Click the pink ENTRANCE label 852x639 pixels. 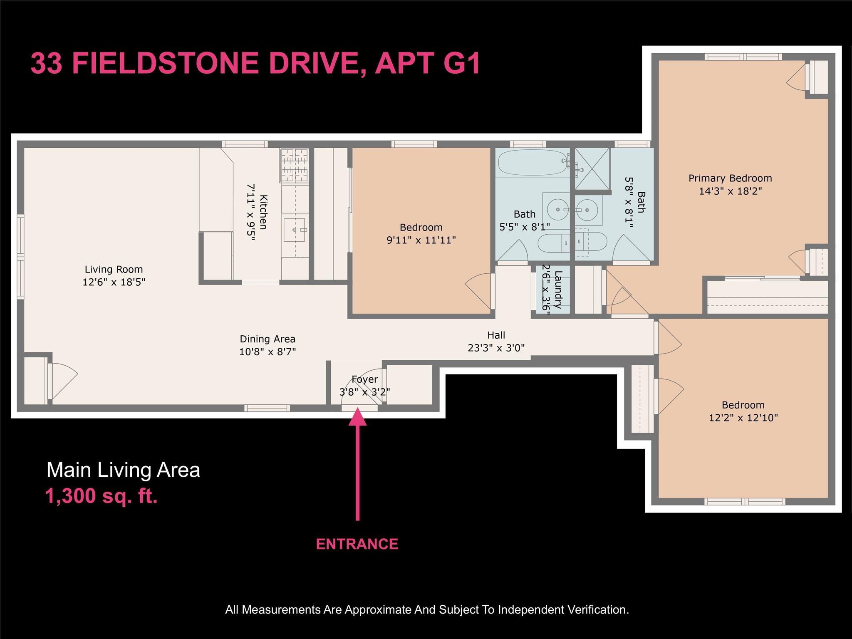pyautogui.click(x=357, y=544)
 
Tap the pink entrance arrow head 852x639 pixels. pyautogui.click(x=357, y=418)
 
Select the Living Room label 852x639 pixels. pyautogui.click(x=114, y=269)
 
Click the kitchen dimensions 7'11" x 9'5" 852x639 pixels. pyautogui.click(x=250, y=212)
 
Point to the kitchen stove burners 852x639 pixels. pyautogui.click(x=295, y=166)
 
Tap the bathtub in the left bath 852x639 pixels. pyautogui.click(x=532, y=162)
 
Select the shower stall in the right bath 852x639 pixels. pyautogui.click(x=592, y=168)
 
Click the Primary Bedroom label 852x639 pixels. pyautogui.click(x=730, y=178)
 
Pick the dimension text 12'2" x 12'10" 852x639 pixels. pyautogui.click(x=743, y=418)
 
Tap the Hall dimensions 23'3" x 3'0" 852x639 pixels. pyautogui.click(x=496, y=348)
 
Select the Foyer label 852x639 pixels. pyautogui.click(x=364, y=379)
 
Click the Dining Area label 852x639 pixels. pyautogui.click(x=267, y=339)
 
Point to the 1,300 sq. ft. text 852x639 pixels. pyautogui.click(x=102, y=496)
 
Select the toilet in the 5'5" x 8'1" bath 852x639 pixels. pyautogui.click(x=554, y=243)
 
